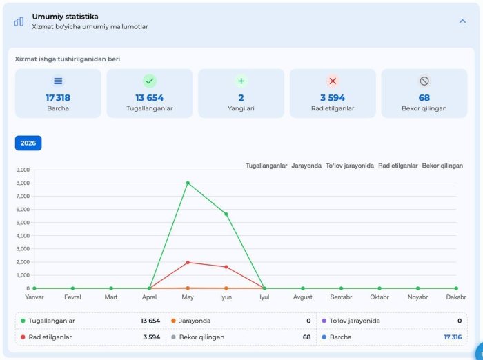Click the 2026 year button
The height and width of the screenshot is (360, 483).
point(28,143)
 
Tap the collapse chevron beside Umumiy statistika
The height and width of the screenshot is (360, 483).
point(462,21)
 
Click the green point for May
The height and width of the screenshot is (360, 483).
point(188,183)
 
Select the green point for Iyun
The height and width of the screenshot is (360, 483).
point(226,214)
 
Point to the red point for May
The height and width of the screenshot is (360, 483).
point(188,262)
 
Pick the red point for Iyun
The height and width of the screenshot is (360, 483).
point(226,267)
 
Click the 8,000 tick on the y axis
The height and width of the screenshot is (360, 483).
point(23,183)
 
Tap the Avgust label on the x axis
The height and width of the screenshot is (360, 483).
point(302,297)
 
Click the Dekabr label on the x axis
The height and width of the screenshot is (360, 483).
point(456,297)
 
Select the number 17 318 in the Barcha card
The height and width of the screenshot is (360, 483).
point(58,98)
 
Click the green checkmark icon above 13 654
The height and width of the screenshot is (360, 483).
point(150,81)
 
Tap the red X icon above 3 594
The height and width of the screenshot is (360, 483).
point(333,81)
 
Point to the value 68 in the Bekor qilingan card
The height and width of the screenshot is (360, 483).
point(424,98)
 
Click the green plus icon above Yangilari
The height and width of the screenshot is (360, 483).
point(241,81)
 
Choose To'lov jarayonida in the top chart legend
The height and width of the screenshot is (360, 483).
point(350,166)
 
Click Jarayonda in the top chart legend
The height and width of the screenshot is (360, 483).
point(306,166)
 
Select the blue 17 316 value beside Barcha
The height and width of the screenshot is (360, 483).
point(453,337)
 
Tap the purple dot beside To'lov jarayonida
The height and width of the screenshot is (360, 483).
point(324,321)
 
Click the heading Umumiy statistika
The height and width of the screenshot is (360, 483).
point(66,17)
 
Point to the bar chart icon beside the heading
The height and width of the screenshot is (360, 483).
point(19,21)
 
